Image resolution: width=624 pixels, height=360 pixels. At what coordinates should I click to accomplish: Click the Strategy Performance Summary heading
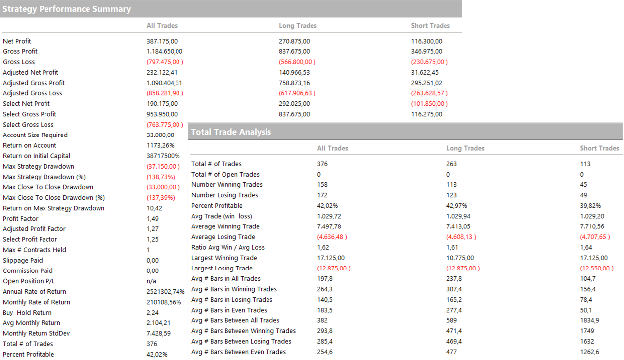67,9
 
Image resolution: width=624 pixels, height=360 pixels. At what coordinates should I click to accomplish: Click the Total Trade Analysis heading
231,132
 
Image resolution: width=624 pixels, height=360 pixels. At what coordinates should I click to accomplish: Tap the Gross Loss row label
19,62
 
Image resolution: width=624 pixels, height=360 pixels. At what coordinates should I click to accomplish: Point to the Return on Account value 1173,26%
160,145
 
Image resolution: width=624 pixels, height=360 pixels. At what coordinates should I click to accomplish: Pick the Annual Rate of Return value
165,292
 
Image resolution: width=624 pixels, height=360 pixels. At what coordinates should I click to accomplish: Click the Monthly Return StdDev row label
36,333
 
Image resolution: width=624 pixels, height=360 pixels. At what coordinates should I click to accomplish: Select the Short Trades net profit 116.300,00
426,41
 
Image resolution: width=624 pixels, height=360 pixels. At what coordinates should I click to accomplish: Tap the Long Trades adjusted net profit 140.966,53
294,72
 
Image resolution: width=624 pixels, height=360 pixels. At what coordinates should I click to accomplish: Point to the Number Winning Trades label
227,184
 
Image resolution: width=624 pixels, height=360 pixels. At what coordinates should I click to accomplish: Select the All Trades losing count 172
322,195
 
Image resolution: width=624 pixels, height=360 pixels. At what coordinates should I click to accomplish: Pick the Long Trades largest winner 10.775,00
460,258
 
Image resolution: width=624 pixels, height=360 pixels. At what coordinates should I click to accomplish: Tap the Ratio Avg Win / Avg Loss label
227,247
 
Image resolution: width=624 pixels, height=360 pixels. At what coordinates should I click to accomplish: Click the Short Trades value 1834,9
590,320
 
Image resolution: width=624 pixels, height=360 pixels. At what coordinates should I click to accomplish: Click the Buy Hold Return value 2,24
152,313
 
